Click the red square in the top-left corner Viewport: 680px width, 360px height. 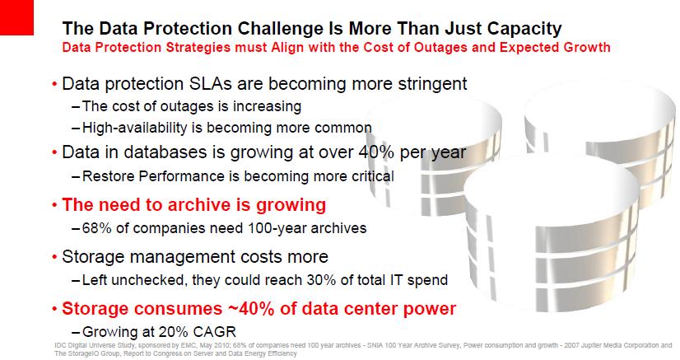click(16, 17)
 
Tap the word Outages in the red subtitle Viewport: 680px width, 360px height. click(440, 47)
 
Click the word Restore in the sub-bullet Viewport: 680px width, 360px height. click(109, 176)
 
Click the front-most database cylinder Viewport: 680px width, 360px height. click(551, 234)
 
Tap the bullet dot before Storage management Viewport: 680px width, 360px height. click(54, 257)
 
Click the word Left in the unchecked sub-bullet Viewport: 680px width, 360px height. click(92, 280)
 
